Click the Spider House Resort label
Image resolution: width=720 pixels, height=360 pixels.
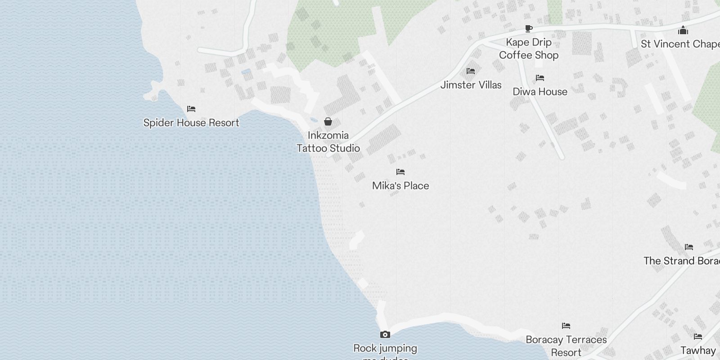point(191,123)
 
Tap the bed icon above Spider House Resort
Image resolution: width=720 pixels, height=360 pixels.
point(191,109)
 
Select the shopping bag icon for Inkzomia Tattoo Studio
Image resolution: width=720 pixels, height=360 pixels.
point(328,121)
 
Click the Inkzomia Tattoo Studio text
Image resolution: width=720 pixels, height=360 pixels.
point(328,142)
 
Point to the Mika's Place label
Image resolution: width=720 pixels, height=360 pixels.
point(400,186)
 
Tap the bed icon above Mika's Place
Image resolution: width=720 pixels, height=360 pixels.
point(400,172)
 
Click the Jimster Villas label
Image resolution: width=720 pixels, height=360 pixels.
point(471,85)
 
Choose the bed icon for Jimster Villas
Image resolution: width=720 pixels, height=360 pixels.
point(471,71)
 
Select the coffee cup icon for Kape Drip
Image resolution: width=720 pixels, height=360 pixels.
point(529,29)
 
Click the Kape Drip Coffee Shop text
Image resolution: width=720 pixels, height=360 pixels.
point(529,49)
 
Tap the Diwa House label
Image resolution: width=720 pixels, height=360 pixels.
point(540,92)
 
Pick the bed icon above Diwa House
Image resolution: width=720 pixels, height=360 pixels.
point(540,78)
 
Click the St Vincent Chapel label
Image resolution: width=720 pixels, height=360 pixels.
point(679,44)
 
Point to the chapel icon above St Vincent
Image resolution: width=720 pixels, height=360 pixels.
point(683,31)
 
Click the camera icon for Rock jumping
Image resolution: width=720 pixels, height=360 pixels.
point(385,334)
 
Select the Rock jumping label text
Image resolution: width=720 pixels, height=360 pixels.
point(385,348)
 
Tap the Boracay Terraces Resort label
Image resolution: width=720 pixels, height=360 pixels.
point(566,346)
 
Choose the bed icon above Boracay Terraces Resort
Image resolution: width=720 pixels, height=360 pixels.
point(566,326)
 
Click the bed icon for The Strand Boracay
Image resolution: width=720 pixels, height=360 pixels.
point(688,247)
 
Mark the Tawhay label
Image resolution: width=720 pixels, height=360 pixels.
point(698,351)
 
